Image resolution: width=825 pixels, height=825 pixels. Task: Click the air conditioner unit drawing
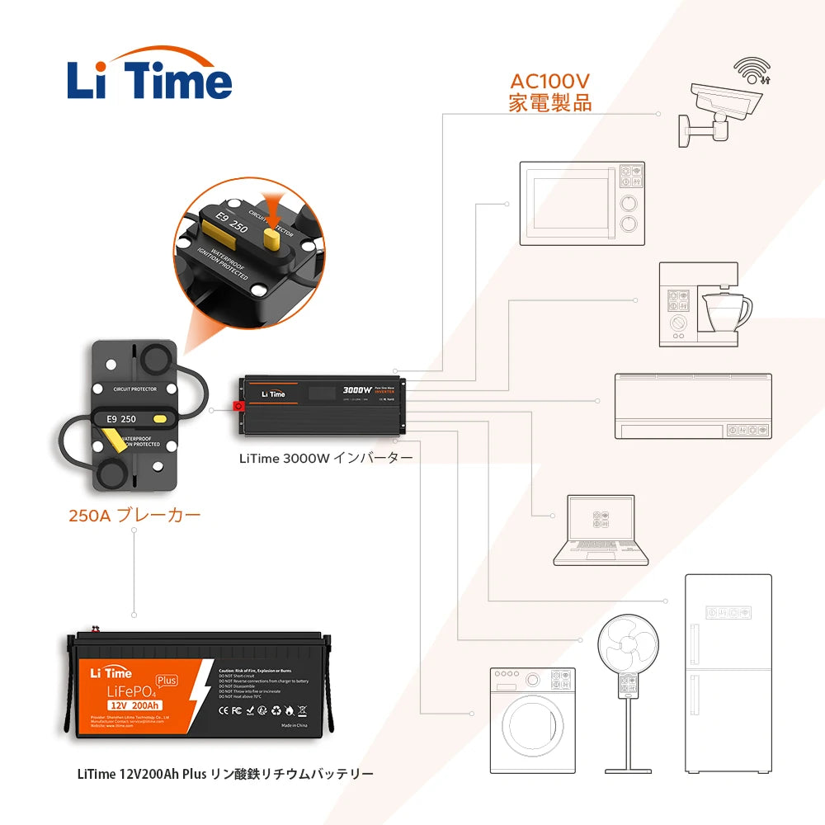click(693, 405)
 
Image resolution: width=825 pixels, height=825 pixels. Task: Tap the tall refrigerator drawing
click(728, 672)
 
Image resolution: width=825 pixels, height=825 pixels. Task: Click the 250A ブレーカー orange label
click(134, 516)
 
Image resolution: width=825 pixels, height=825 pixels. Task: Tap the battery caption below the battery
click(225, 774)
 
